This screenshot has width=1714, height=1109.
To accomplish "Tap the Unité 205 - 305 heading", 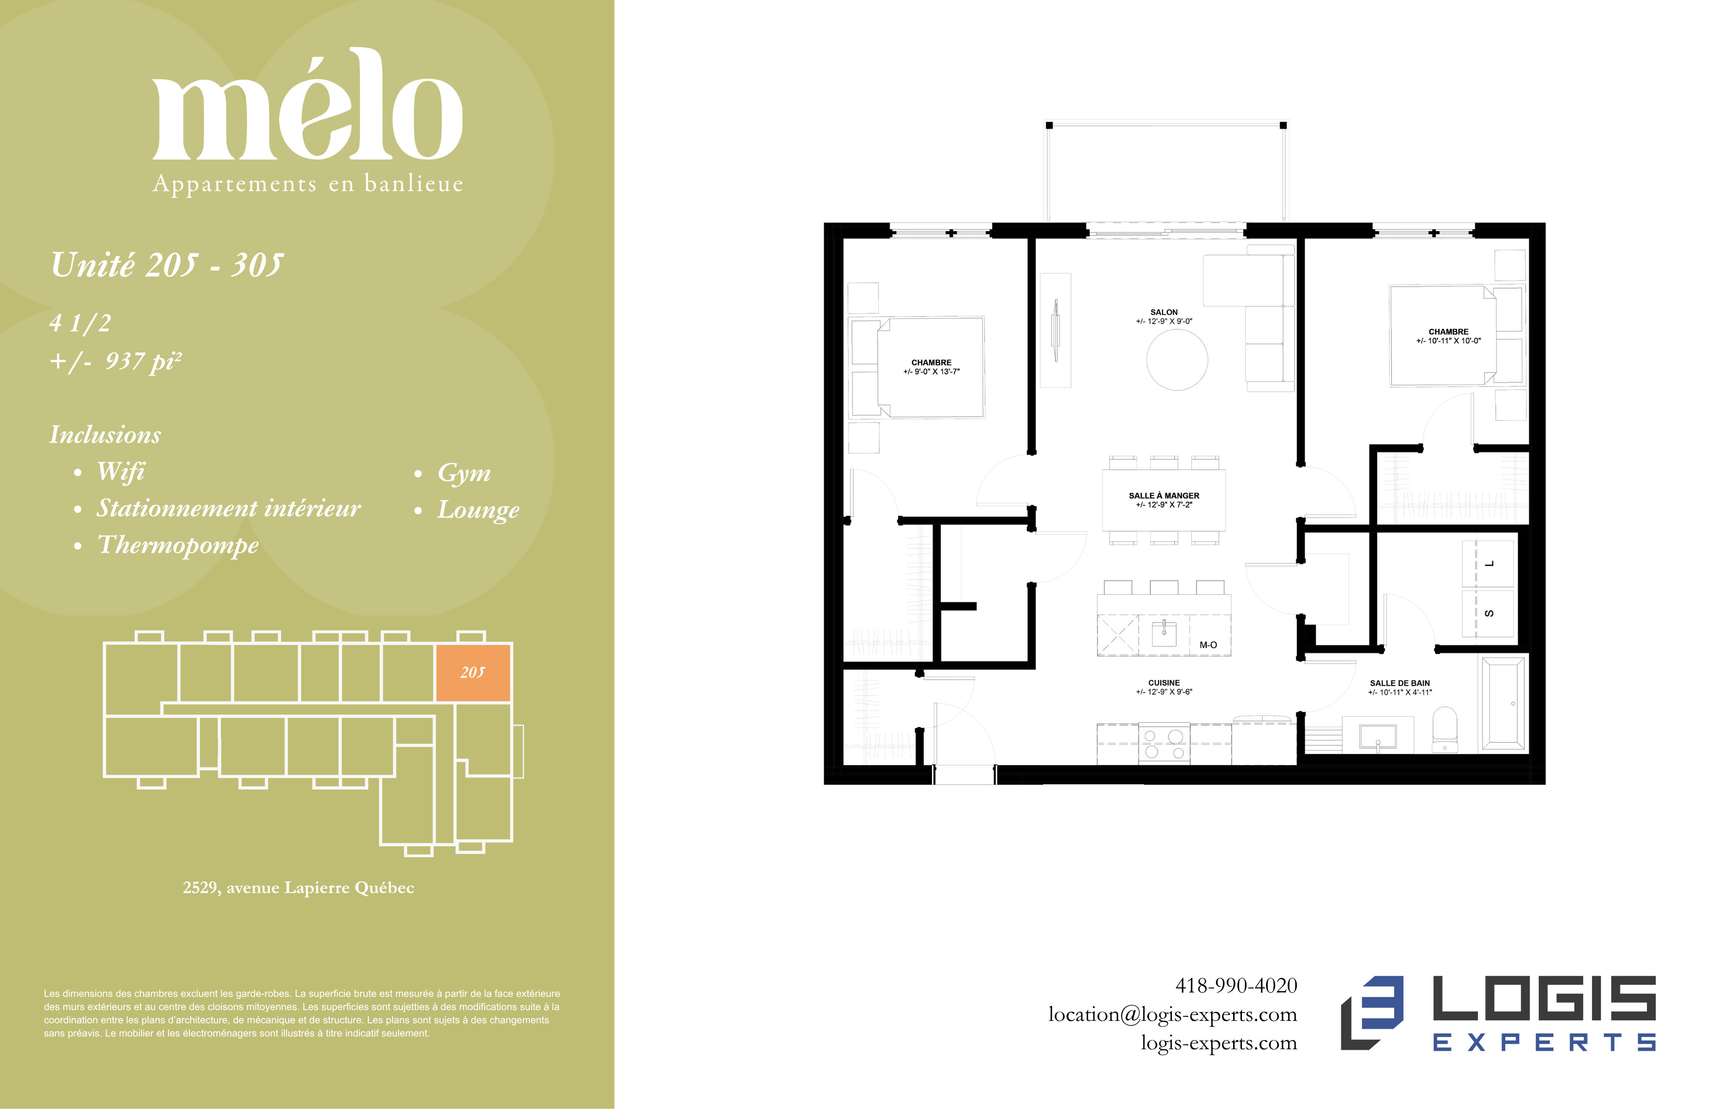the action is [x=167, y=265].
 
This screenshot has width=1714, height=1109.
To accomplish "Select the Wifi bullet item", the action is [x=121, y=472].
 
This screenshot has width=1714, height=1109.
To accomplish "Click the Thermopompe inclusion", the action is [x=178, y=545].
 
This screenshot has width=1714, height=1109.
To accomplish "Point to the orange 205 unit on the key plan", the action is [x=473, y=673].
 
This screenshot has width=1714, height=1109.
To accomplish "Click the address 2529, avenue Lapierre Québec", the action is [x=299, y=888].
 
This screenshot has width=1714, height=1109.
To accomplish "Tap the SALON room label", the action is [x=1164, y=312].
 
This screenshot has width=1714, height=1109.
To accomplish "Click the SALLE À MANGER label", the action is [x=1164, y=496].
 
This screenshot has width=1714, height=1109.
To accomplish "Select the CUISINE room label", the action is [x=1164, y=683].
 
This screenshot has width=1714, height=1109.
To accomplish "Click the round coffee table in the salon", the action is [x=1177, y=359].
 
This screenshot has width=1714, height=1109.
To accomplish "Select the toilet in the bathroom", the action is [x=1445, y=729].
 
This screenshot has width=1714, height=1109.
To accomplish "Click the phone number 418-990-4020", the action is [x=1236, y=985].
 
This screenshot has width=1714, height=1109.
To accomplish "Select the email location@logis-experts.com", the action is [x=1172, y=1015].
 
